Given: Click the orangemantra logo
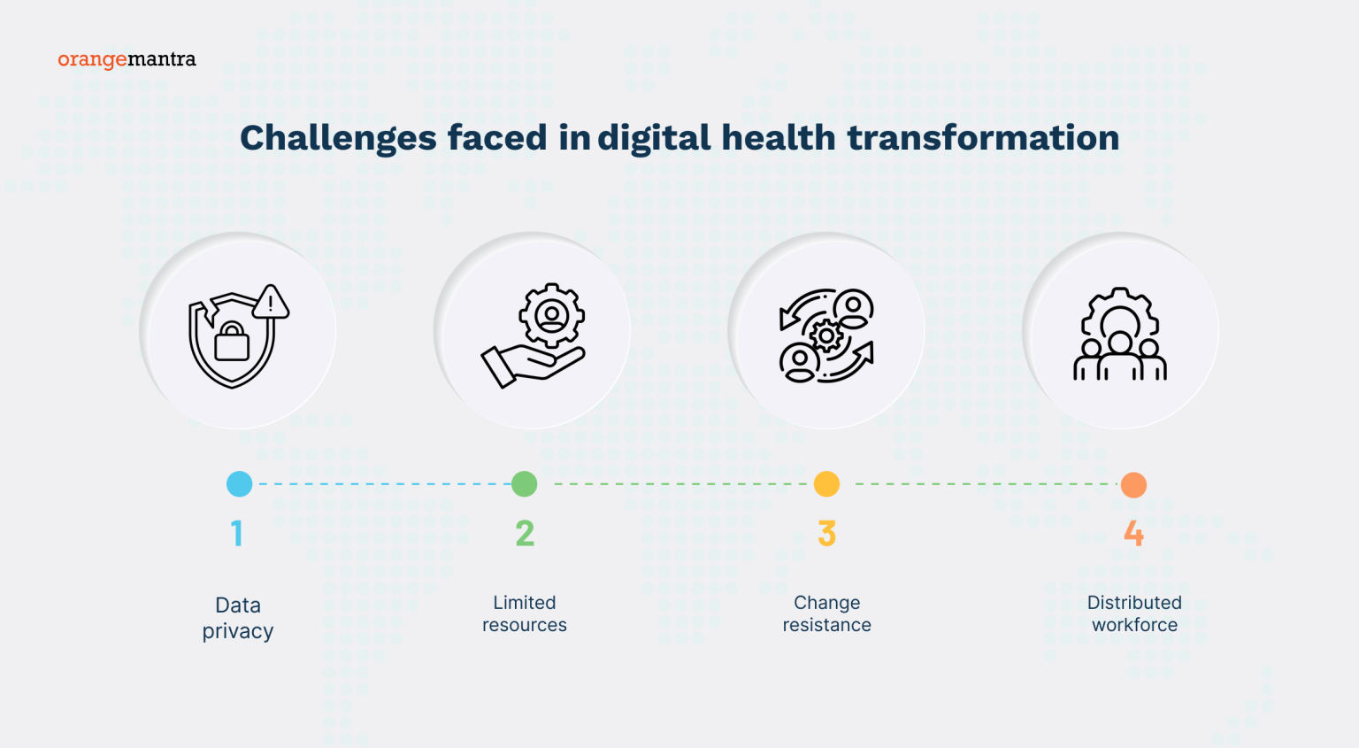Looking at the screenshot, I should (127, 59).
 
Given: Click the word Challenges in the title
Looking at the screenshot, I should (338, 138).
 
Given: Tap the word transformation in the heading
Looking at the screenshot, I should (983, 138).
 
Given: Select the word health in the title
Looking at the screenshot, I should (778, 138).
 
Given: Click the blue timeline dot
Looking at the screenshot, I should (239, 484).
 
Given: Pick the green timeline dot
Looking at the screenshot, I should (525, 484).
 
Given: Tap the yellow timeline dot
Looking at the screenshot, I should (826, 484).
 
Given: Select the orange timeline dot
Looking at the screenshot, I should (1133, 485).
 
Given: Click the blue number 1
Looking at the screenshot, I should (236, 533).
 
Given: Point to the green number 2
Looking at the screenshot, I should (525, 533).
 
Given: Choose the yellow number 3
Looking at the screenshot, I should (826, 533).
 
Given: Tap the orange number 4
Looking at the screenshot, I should (1133, 533).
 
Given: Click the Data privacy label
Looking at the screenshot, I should (237, 618).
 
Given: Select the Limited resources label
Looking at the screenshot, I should (525, 613).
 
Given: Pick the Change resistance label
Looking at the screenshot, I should (826, 613).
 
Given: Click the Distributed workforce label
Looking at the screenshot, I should (1134, 613).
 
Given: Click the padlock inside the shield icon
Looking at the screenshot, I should (232, 342).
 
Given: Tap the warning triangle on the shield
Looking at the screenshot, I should (271, 303).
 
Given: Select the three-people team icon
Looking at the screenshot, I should (1120, 354).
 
